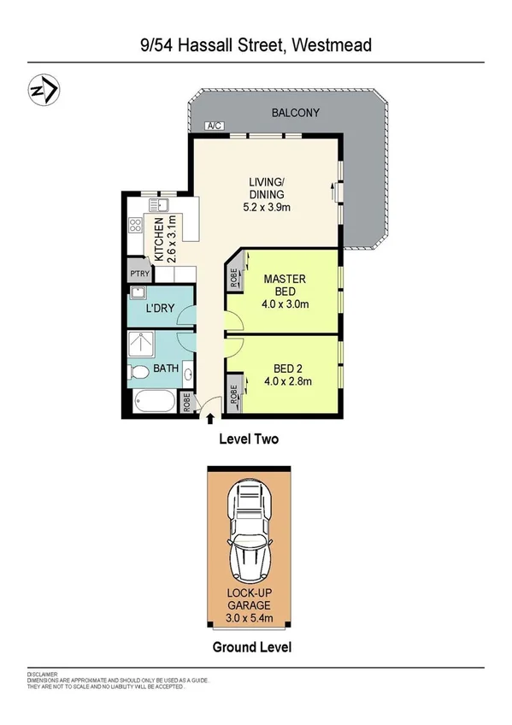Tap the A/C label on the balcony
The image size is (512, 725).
[214, 127]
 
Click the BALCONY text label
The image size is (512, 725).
[295, 113]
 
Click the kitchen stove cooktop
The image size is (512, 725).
[135, 227]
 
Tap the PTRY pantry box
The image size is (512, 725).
[139, 273]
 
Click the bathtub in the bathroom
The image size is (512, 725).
[154, 401]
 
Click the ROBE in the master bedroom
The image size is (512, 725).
[233, 279]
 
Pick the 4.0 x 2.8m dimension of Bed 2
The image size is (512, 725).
[285, 382]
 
